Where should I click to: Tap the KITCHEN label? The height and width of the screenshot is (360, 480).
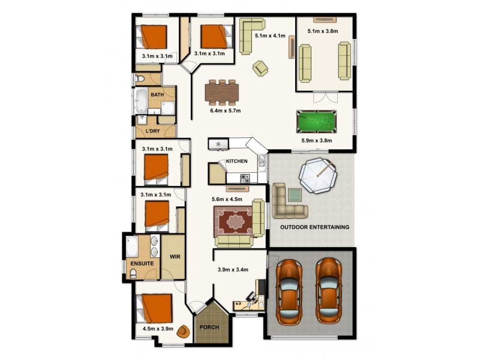coord(236,162)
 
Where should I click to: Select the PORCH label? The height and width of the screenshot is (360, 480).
coord(209,328)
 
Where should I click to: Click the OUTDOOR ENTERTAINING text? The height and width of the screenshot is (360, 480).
coord(315,227)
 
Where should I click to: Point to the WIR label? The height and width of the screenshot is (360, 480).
coord(175,256)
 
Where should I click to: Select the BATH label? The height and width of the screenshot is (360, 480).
coord(157,95)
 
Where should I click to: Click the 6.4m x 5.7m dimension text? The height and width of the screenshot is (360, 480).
coord(225,110)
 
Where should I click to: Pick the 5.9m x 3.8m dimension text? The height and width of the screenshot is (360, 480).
coord(317,141)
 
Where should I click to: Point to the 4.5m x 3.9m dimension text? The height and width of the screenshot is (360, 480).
coord(158,329)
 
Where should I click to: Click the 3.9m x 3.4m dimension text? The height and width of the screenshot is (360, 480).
coord(233,269)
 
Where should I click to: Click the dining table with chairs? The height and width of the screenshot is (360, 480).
coord(222,92)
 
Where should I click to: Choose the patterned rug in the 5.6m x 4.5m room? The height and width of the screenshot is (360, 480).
coord(235,221)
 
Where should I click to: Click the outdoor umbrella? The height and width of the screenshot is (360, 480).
coord(316,176)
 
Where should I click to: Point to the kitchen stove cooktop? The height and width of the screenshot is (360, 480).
coord(245,178)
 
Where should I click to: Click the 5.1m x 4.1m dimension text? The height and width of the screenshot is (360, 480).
coord(270,36)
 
